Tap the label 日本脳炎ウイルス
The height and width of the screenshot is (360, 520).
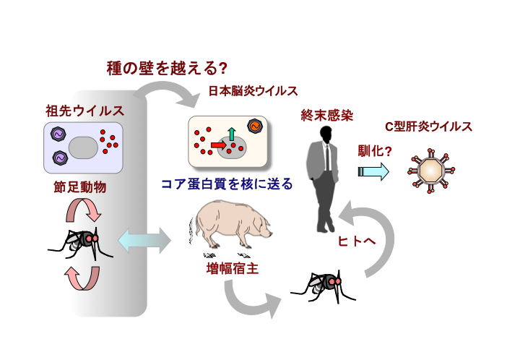pyautogui.click(x=253, y=91)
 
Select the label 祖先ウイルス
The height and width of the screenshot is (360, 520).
pyautogui.click(x=84, y=111)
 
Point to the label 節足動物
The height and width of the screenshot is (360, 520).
pyautogui.click(x=80, y=187)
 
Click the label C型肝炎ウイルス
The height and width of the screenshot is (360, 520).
pyautogui.click(x=428, y=127)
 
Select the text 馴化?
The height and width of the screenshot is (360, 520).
pyautogui.click(x=374, y=152)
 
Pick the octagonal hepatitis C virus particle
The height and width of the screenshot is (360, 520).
pyautogui.click(x=431, y=170)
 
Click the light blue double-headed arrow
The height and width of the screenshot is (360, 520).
pyautogui.click(x=142, y=239)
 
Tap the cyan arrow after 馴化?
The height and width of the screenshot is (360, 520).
pyautogui.click(x=374, y=171)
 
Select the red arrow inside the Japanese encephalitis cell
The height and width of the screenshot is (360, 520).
pyautogui.click(x=219, y=145)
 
